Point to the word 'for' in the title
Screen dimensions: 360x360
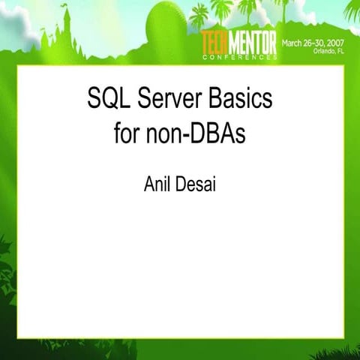[129, 134]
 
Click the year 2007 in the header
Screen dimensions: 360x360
[338, 43]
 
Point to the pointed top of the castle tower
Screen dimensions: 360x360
[67, 9]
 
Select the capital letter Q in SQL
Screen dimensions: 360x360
[109, 100]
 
